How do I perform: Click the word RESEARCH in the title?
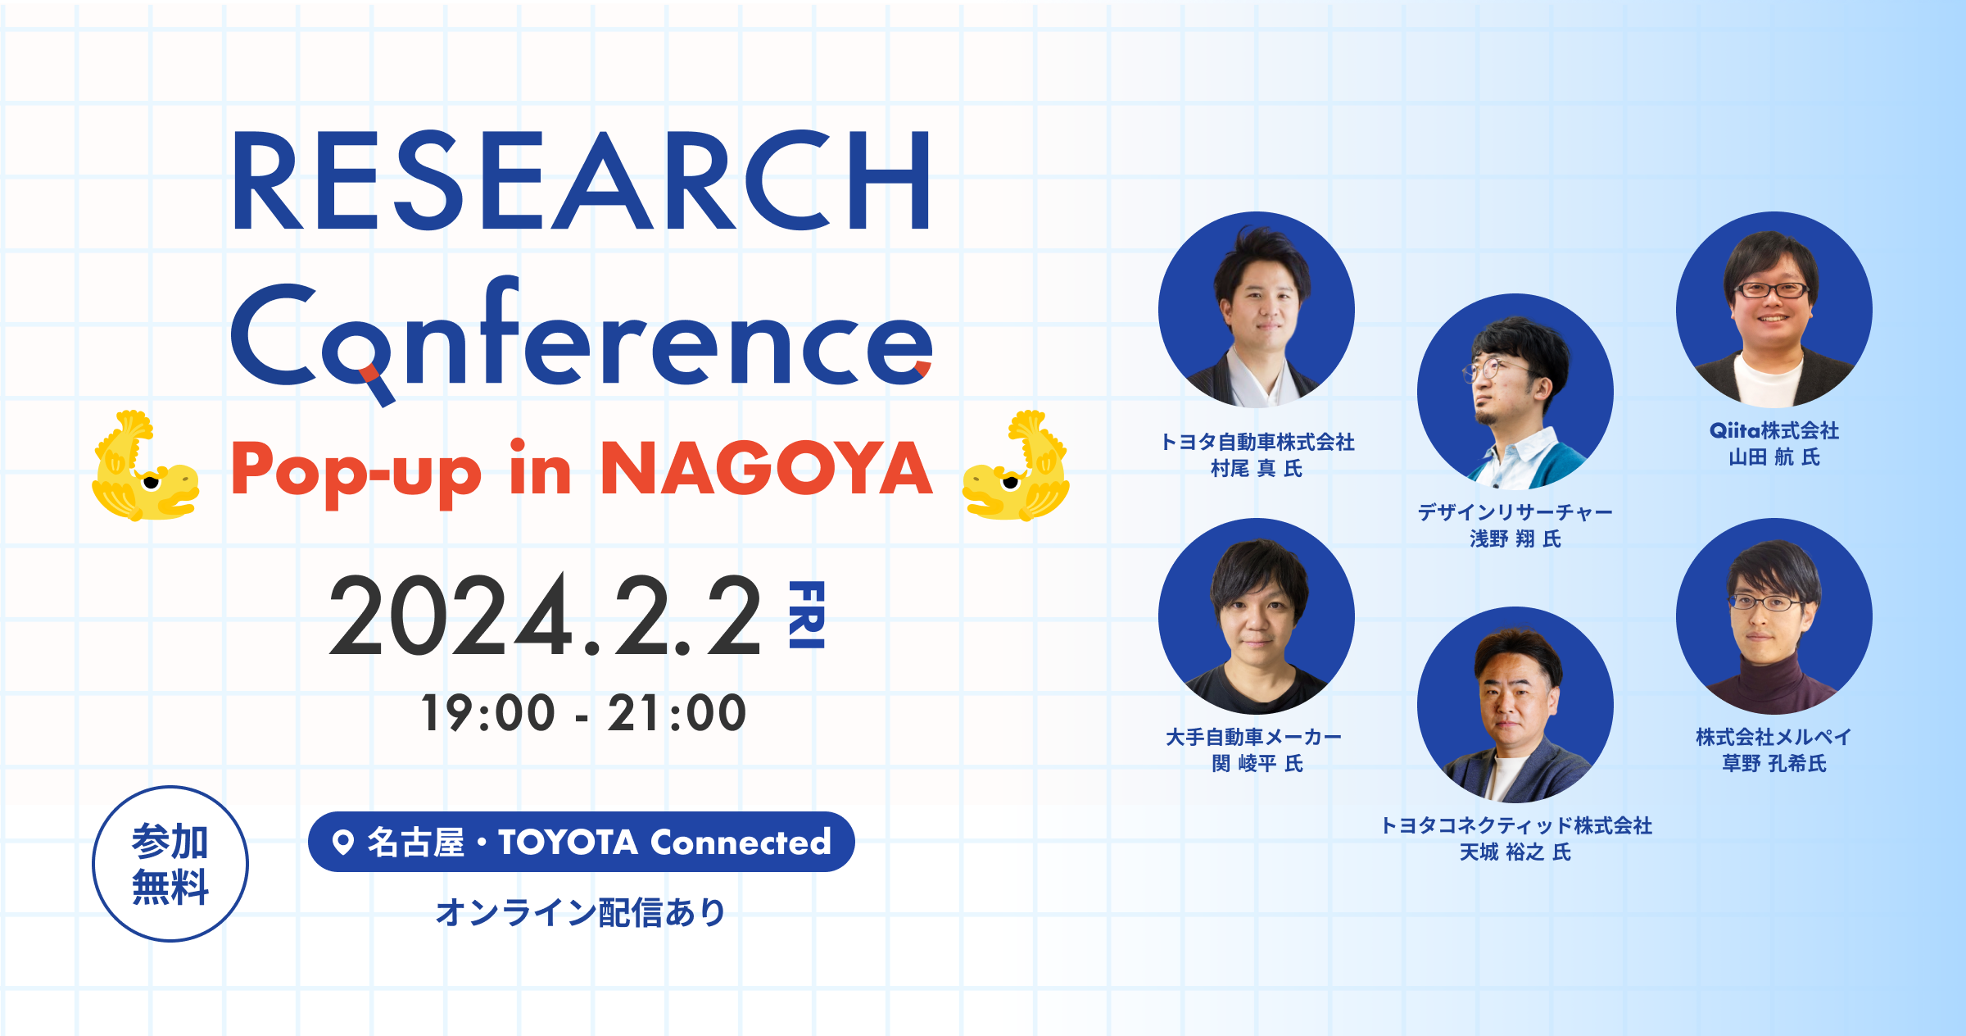pyautogui.click(x=582, y=181)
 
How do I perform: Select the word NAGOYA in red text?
pyautogui.click(x=767, y=469)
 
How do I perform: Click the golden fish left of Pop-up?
pyautogui.click(x=145, y=466)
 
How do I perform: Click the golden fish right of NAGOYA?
pyautogui.click(x=1016, y=466)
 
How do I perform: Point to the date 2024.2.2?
pyautogui.click(x=545, y=616)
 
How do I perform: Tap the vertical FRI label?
pyautogui.click(x=806, y=615)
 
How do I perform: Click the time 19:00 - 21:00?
pyautogui.click(x=583, y=712)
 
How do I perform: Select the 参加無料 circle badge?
pyautogui.click(x=170, y=864)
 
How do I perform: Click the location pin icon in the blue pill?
pyautogui.click(x=343, y=842)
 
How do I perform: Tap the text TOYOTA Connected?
pyautogui.click(x=664, y=842)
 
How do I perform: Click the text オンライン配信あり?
pyautogui.click(x=581, y=912)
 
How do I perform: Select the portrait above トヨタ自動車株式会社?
pyautogui.click(x=1257, y=310)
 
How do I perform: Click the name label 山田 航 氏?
pyautogui.click(x=1774, y=457)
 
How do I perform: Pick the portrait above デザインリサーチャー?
pyautogui.click(x=1515, y=392)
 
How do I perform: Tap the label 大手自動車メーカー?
pyautogui.click(x=1254, y=737)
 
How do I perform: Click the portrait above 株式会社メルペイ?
pyautogui.click(x=1774, y=616)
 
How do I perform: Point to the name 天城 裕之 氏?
pyautogui.click(x=1515, y=852)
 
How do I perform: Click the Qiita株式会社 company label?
pyautogui.click(x=1774, y=430)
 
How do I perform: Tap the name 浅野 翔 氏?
pyautogui.click(x=1515, y=538)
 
